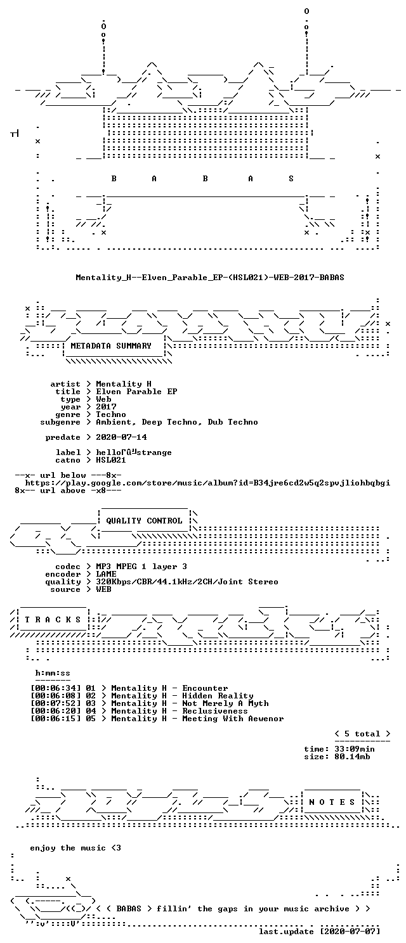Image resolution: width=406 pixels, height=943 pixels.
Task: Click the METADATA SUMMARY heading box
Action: point(111,346)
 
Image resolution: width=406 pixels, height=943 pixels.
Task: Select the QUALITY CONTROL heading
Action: point(144,521)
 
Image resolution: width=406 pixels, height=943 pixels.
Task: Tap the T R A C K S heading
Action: point(53,619)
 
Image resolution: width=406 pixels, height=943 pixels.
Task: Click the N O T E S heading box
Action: point(332,802)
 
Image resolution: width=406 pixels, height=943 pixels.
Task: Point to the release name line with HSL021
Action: point(209,278)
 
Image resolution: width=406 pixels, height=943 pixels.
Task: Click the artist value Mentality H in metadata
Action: point(124,384)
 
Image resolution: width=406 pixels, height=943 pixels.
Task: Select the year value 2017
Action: point(106,407)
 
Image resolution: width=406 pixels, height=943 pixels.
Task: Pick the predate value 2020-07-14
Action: point(121,437)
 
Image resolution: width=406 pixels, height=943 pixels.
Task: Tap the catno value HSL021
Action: point(111,459)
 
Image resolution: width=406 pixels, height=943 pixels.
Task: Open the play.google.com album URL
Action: point(207,483)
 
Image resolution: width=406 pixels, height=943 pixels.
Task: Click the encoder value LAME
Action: point(106,574)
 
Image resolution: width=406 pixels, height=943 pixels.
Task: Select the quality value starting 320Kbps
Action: point(187,581)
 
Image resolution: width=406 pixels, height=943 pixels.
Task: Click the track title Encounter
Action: point(205,688)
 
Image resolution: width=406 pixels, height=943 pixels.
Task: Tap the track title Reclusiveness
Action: point(215,710)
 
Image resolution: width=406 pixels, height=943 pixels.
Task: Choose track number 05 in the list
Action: point(91,718)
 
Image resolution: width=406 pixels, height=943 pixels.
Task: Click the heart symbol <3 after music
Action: point(116,847)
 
